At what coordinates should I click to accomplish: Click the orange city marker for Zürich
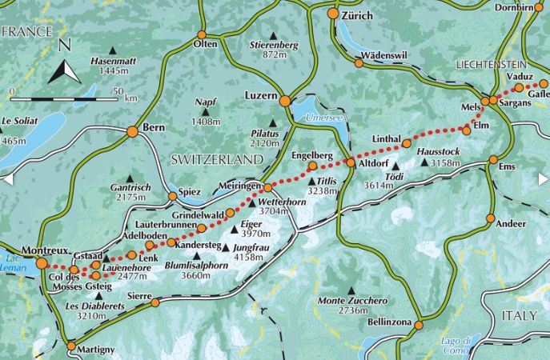tap(333, 14)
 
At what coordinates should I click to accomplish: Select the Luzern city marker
tap(283, 101)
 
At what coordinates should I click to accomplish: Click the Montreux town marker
tap(42, 262)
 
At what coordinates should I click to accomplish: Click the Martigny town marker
tap(70, 346)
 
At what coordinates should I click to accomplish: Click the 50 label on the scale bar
tap(118, 90)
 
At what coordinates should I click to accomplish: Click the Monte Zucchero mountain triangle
tap(351, 290)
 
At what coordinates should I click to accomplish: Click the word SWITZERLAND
tap(216, 160)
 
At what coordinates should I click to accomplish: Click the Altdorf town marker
tap(350, 162)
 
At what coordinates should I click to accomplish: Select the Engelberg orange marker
tap(313, 166)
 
